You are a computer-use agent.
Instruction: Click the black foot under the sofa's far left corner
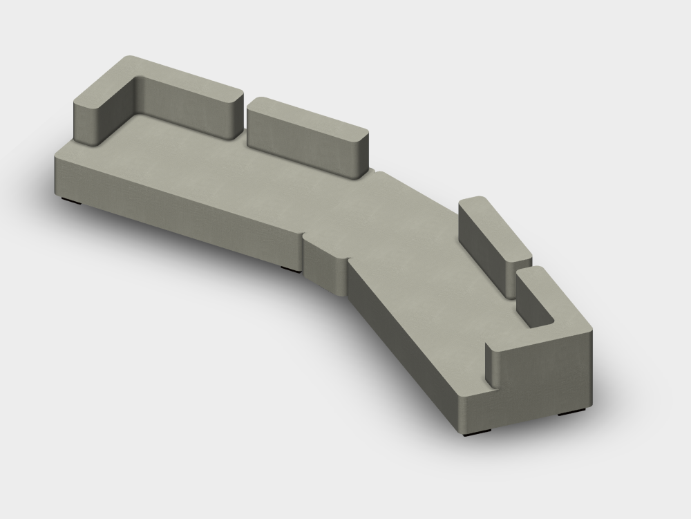71,201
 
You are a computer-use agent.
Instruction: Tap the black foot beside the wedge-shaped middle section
291,268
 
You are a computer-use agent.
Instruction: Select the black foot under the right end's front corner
477,433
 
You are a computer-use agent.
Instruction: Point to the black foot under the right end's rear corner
571,413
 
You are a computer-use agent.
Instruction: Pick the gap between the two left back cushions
245,121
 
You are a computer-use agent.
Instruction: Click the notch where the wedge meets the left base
303,239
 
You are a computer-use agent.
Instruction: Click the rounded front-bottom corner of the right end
462,415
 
